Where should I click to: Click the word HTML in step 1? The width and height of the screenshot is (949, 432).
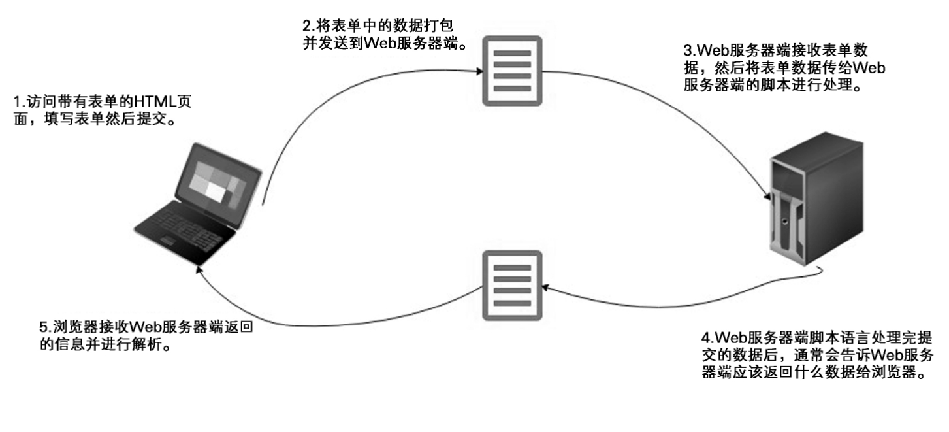(152, 103)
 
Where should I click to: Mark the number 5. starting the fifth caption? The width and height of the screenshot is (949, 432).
(44, 327)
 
